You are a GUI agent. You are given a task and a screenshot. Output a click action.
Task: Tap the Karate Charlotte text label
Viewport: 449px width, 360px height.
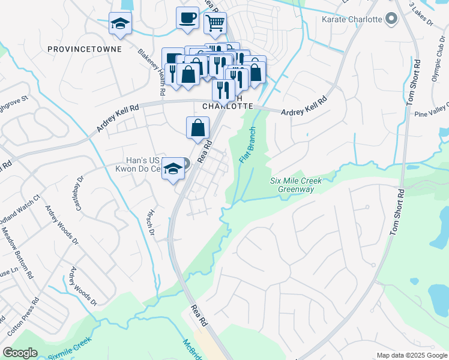pyautogui.click(x=352, y=19)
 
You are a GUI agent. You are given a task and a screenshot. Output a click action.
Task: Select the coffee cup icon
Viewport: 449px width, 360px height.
pyautogui.click(x=187, y=17)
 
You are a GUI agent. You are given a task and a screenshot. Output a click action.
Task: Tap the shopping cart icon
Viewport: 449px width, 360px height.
pyautogui.click(x=215, y=23)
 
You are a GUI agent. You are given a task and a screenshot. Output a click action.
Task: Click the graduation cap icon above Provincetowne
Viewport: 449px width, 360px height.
pyautogui.click(x=120, y=23)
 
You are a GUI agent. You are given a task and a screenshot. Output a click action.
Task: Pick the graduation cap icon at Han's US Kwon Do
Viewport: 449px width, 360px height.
pyautogui.click(x=173, y=168)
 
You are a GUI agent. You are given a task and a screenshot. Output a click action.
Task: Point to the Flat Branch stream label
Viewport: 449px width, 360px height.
pyautogui.click(x=247, y=146)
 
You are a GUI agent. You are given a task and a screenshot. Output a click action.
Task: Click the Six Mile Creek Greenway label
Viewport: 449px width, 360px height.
pyautogui.click(x=296, y=185)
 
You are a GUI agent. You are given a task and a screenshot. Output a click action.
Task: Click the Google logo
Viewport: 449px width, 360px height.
pyautogui.click(x=20, y=353)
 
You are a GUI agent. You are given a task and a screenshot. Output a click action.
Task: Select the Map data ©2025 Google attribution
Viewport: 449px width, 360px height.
pyautogui.click(x=411, y=355)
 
